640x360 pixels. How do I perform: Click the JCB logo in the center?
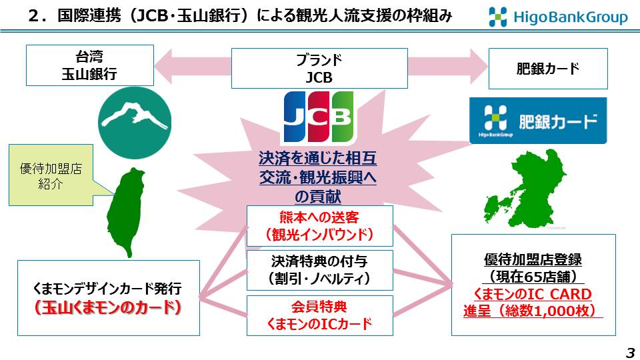coord(319,117)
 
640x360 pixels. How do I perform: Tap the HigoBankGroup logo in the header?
coord(558,17)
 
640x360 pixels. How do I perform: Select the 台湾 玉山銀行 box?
coord(90,65)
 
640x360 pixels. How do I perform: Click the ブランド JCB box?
coord(319,68)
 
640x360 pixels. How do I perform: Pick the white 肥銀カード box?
coord(548,69)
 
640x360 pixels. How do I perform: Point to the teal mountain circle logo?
coord(135,123)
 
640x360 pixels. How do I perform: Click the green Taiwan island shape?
coord(127,212)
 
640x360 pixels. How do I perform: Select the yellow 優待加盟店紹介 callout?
coord(51,175)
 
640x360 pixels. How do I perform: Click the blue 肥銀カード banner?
coord(538,121)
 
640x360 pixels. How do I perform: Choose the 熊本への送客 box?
coord(319,226)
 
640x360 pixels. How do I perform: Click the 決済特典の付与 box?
coord(319,270)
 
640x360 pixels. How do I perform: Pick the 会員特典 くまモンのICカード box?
coord(319,315)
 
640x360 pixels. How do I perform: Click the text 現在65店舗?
coord(533,277)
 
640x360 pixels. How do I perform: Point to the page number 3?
coord(631,352)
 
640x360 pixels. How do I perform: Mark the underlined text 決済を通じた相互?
coord(317,159)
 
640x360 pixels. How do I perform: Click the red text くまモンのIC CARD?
coord(533,294)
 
